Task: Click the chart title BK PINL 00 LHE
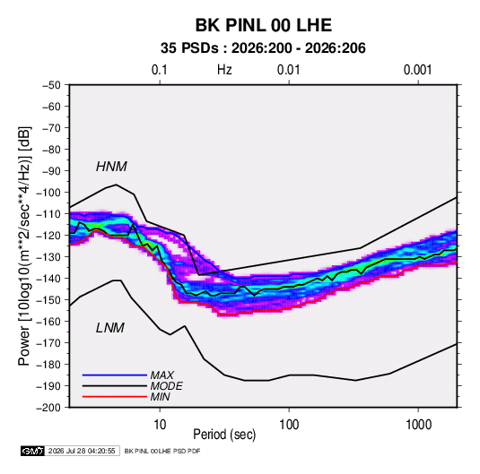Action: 264,25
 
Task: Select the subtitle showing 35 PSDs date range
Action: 263,48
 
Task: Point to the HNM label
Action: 111,167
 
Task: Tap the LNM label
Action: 110,328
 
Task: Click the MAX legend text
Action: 162,375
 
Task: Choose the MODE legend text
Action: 167,386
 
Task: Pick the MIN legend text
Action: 161,397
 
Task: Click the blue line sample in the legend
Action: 115,375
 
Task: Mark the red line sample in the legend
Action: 115,397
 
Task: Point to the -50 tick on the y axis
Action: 51,85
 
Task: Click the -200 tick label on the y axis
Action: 48,408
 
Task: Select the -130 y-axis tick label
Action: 48,257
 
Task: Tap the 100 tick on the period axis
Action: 289,425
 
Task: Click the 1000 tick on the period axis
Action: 418,425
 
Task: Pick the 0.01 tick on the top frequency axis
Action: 288,70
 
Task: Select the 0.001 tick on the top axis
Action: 417,70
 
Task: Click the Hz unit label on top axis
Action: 224,70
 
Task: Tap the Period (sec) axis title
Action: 224,435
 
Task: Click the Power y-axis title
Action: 24,246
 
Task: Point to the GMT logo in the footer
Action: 33,451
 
